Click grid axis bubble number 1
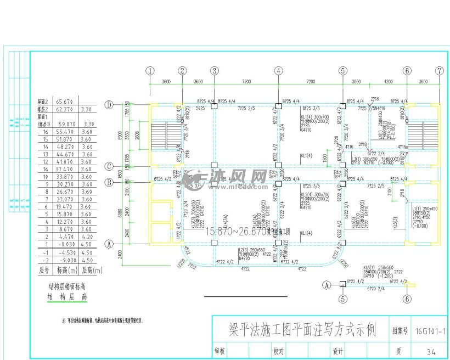[150, 70]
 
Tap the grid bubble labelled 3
[215, 70]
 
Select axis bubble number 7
[438, 70]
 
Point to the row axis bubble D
[109, 104]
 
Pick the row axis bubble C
[109, 166]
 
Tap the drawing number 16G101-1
[430, 331]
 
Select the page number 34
[430, 351]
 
